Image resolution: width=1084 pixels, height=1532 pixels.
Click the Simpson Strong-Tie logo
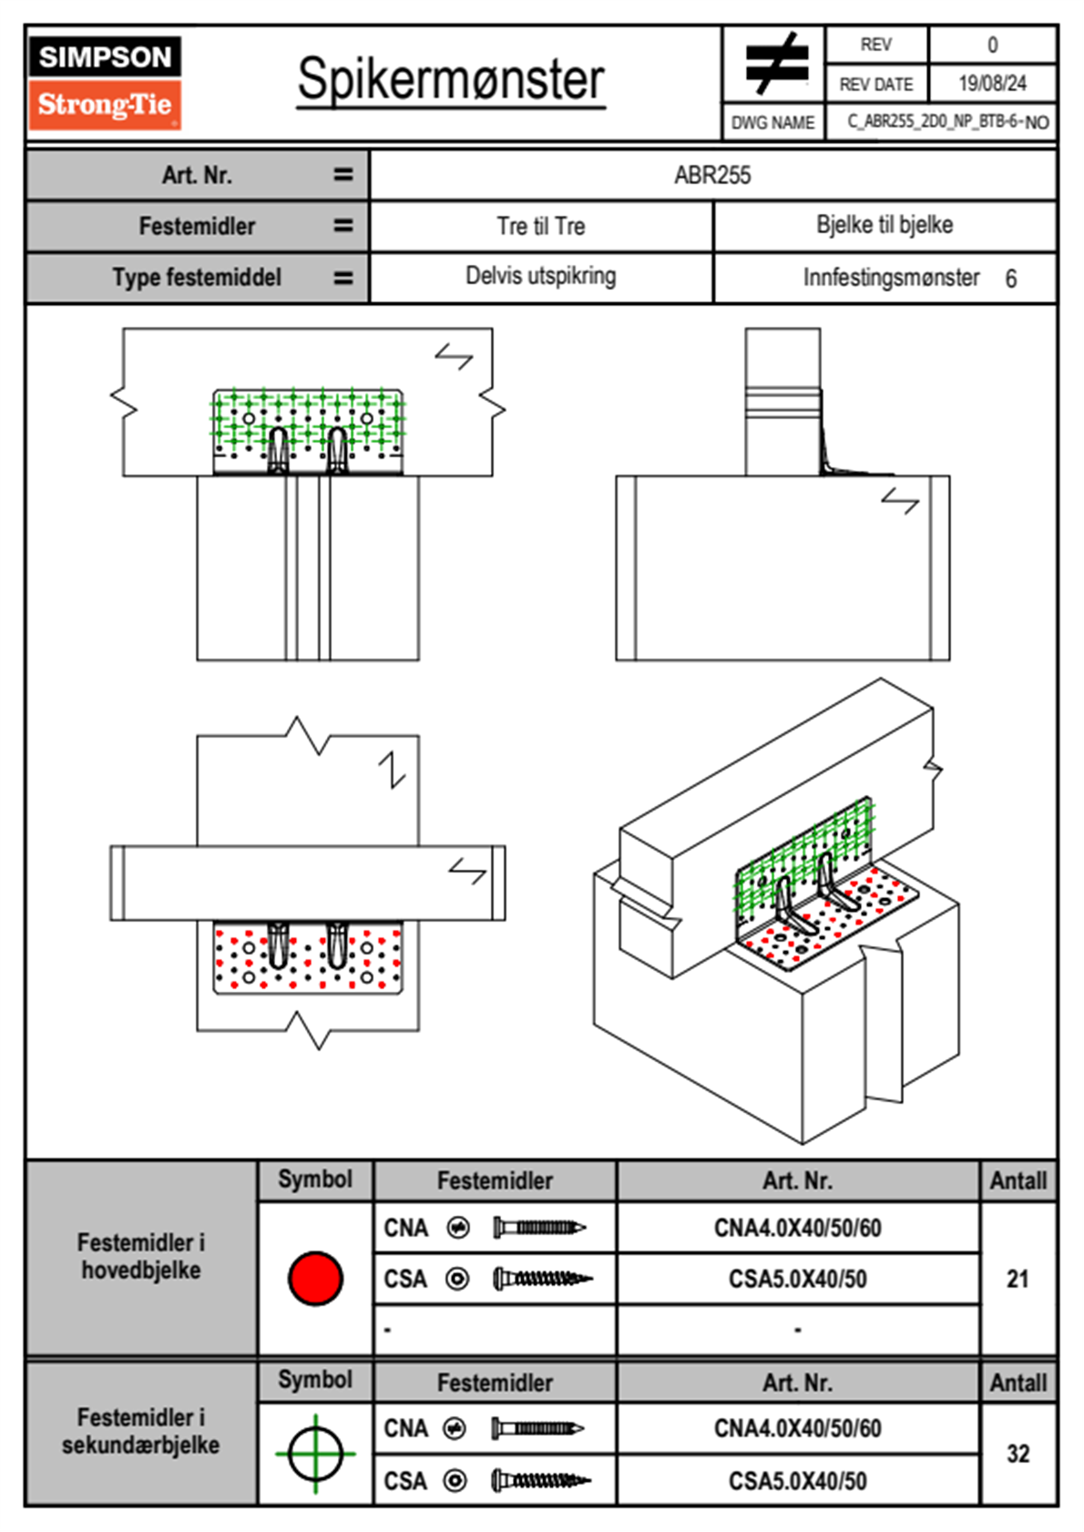105,82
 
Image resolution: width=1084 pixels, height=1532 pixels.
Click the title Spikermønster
451,79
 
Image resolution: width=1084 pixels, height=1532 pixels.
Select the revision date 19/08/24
992,84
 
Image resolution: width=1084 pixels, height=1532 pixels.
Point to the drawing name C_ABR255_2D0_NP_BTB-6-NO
947,122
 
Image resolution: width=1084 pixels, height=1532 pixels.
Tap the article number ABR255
712,176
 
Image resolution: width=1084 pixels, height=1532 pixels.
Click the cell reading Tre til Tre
541,226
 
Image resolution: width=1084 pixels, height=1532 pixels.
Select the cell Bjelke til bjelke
885,225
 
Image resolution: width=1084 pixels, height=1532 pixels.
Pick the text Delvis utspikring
541,276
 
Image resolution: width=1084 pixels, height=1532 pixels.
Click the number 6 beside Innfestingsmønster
1011,279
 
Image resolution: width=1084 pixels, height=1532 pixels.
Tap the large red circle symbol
315,1278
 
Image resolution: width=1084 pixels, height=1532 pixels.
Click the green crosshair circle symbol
315,1453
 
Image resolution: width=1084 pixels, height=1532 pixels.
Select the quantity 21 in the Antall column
1018,1279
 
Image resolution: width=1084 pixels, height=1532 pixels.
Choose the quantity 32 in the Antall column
1018,1454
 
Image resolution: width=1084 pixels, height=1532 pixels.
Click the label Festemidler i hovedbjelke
141,1256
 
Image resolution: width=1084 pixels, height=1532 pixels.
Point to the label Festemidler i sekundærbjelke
141,1431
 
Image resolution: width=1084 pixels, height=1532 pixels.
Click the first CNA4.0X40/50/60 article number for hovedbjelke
797,1229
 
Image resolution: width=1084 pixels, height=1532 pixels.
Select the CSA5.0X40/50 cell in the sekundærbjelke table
797,1481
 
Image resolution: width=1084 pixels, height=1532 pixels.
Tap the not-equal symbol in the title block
776,64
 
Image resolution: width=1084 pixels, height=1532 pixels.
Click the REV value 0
992,45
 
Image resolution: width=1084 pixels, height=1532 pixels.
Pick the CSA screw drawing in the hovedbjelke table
543,1280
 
